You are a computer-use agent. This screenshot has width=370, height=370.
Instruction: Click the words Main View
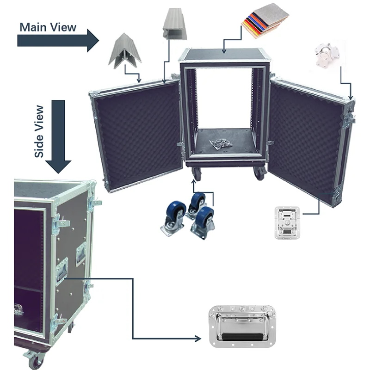[48, 27]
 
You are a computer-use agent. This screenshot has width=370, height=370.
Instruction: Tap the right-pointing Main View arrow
[58, 41]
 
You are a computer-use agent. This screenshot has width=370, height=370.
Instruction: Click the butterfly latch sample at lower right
[287, 222]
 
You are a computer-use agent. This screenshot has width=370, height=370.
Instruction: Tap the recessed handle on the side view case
[62, 270]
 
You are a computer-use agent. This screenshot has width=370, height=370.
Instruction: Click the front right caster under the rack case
[259, 173]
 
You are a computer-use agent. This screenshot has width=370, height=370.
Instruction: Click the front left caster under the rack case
[196, 173]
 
